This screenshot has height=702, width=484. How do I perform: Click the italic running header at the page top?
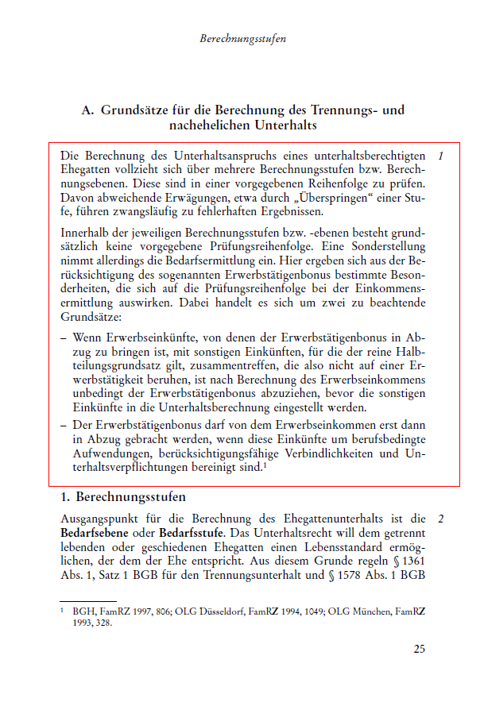pos(242,37)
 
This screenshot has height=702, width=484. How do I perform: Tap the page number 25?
pos(419,649)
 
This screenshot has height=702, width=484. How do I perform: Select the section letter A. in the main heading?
pos(88,110)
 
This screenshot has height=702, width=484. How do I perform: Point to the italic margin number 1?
pos(440,155)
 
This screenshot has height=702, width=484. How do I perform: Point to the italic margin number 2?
pos(440,519)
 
